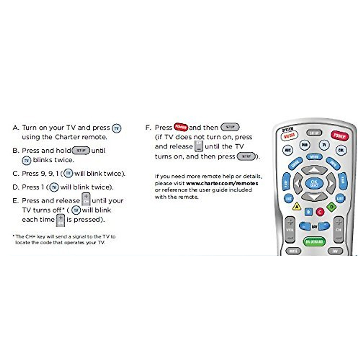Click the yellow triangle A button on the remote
tap(296, 206)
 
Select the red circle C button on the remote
tap(320, 212)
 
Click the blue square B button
tap(308, 212)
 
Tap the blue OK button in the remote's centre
tap(314, 183)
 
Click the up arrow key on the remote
tap(314, 170)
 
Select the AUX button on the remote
tap(288, 150)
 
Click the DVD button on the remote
tap(304, 145)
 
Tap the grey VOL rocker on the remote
tap(290, 229)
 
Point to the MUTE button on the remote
tap(293, 251)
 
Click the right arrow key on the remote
tap(331, 183)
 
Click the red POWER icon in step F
tap(181, 127)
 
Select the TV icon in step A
tap(116, 128)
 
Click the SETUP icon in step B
tap(81, 150)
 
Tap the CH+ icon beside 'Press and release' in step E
tap(86, 199)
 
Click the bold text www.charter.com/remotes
tap(222, 183)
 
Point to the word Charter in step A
tap(67, 137)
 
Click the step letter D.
tap(16, 187)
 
